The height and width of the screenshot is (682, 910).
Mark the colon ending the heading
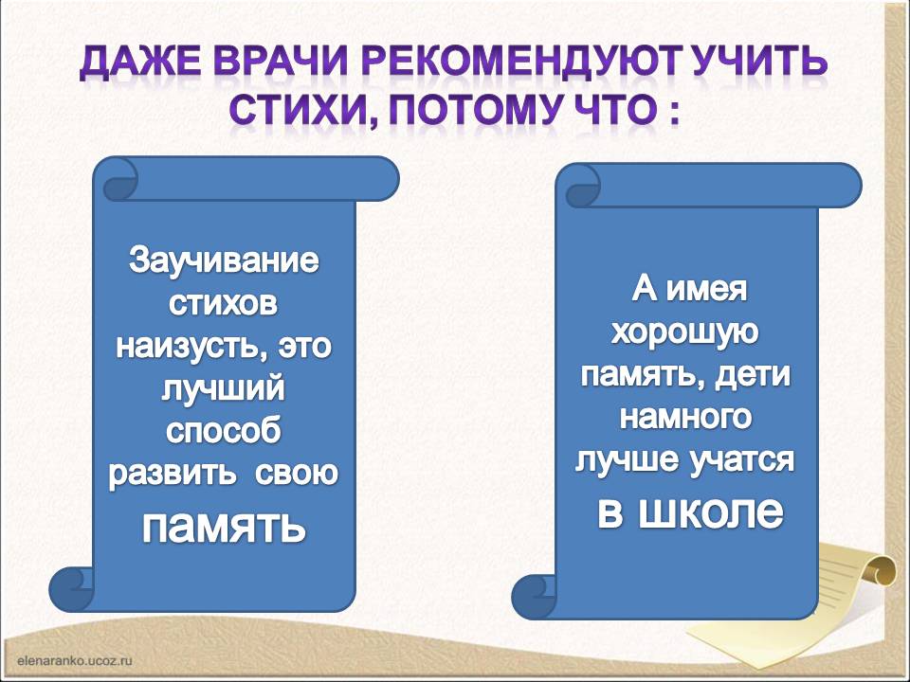tap(673, 112)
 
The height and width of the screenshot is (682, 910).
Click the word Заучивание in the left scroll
tap(224, 260)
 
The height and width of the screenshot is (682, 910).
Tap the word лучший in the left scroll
tap(224, 389)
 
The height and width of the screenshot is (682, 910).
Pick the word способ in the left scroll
tap(224, 432)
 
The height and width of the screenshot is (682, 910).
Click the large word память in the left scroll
tap(224, 526)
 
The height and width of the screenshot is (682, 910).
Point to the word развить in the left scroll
tap(172, 474)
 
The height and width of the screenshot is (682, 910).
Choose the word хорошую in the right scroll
tap(684, 332)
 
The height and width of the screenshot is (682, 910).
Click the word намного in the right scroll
tap(685, 417)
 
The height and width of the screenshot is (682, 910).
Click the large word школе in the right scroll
tap(711, 512)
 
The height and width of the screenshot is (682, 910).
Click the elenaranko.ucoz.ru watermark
tap(76, 660)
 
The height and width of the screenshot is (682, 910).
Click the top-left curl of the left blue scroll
tap(120, 179)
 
